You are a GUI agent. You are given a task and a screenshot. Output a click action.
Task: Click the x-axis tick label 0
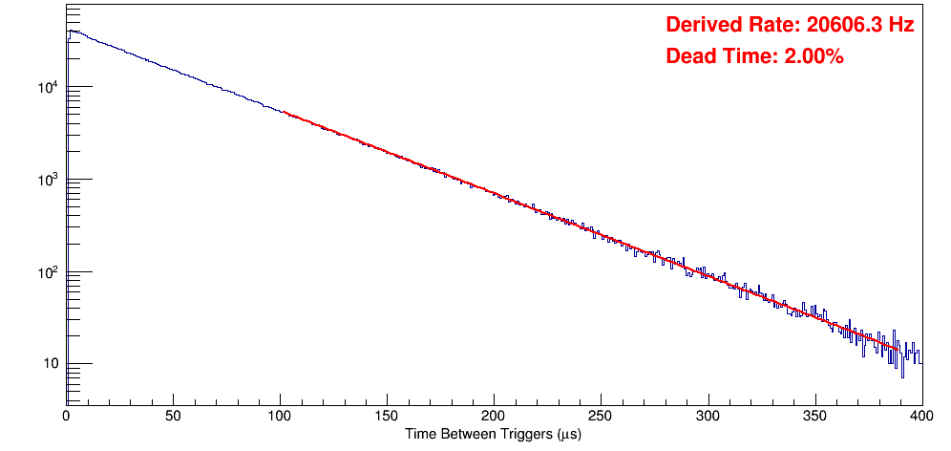(x=66, y=416)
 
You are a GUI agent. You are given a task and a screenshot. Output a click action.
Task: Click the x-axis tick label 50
(x=173, y=416)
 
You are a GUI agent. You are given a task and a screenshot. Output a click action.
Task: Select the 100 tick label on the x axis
(x=280, y=416)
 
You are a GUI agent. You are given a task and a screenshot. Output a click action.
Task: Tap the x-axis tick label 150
(x=387, y=416)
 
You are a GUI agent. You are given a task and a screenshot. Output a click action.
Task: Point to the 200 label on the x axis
(x=494, y=416)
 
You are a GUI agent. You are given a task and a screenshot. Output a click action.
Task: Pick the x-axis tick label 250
(x=601, y=416)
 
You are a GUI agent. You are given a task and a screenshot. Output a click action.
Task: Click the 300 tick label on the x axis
(x=708, y=416)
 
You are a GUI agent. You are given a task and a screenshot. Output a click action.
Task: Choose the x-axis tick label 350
(x=814, y=416)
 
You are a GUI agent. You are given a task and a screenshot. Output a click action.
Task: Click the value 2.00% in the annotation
(x=814, y=57)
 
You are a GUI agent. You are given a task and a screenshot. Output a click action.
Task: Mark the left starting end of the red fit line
(x=284, y=112)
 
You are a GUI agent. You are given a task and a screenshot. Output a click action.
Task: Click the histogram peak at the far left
(x=70, y=31)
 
